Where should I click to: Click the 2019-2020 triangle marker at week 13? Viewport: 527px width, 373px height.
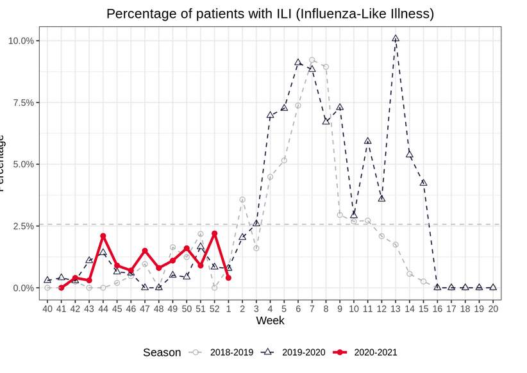(x=396, y=38)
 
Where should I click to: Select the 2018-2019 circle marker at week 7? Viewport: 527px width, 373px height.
(x=312, y=60)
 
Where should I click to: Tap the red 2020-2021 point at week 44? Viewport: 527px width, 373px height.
(x=103, y=236)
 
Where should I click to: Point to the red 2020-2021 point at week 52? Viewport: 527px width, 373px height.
(x=215, y=233)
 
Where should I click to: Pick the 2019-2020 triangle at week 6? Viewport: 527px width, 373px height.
(x=298, y=63)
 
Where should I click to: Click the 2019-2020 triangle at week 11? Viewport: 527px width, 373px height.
(x=367, y=141)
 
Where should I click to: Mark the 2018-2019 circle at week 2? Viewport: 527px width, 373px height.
(x=242, y=199)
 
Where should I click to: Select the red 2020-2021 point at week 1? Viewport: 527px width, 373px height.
(x=228, y=278)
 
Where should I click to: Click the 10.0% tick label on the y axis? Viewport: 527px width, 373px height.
(x=21, y=41)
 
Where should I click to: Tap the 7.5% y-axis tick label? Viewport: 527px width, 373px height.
(x=22, y=103)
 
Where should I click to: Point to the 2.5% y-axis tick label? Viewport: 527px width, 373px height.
(x=22, y=226)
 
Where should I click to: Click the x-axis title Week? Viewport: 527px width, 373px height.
(x=270, y=320)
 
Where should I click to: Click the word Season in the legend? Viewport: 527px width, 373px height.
(x=162, y=352)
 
